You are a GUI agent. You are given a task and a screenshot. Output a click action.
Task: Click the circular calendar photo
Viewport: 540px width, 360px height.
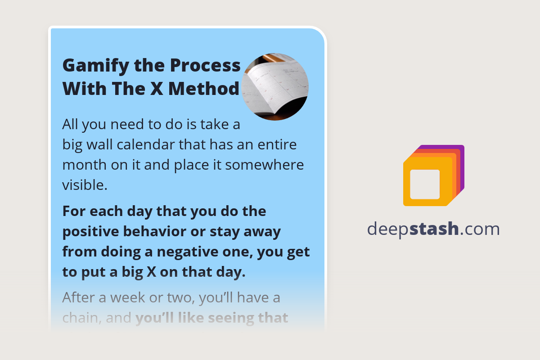pos(275,87)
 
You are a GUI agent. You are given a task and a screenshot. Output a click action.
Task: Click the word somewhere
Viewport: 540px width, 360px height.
pos(265,165)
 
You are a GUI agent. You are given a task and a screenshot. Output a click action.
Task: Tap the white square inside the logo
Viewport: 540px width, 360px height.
pos(425,184)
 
